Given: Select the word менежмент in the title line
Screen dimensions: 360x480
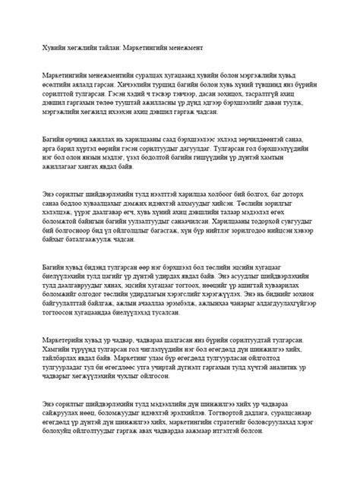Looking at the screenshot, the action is click(x=199, y=47).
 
